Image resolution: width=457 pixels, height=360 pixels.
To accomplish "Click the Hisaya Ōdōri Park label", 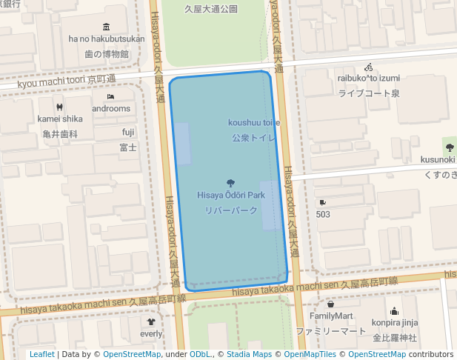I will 231,195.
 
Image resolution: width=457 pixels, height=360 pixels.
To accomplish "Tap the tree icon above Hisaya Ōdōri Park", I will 231,182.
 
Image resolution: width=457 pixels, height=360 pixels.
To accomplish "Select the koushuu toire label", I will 253,122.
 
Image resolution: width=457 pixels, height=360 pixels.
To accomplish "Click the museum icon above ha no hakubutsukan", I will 107,27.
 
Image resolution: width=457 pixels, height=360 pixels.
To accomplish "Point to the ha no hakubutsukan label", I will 107,39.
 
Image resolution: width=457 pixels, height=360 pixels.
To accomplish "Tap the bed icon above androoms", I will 110,96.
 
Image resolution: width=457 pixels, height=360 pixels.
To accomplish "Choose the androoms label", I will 110,108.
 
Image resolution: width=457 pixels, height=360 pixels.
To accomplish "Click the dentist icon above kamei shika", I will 60,107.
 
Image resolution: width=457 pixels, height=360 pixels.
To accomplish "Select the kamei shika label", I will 60,119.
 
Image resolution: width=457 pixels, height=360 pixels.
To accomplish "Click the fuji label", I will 128,133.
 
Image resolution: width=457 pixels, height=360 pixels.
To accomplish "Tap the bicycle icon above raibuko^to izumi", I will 369,67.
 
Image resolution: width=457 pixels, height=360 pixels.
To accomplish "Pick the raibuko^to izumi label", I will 369,78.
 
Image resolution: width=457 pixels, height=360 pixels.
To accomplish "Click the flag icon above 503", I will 323,202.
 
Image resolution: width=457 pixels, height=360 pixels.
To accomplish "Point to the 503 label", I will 323,214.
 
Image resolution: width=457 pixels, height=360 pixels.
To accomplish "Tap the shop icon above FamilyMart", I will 331,304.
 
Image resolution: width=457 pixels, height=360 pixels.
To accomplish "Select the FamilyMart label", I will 331,316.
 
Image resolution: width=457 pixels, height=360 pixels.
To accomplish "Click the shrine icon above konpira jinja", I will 395,311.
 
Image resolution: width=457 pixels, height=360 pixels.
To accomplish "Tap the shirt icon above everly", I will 151,322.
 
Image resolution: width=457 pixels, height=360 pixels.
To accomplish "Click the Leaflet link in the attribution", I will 41,354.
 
